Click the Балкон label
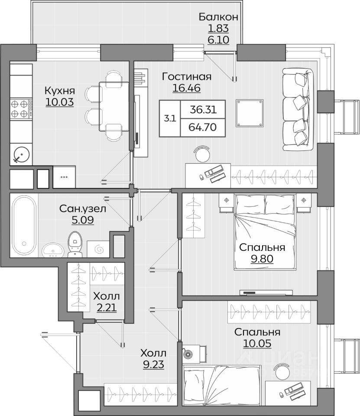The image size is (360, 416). pyautogui.click(x=218, y=17)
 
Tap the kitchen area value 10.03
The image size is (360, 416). pyautogui.click(x=59, y=102)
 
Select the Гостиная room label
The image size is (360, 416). pyautogui.click(x=187, y=77)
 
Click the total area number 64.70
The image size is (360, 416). pyautogui.click(x=202, y=127)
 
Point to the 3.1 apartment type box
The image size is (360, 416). pyautogui.click(x=170, y=118)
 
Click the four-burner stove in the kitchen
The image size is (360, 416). pyautogui.click(x=21, y=109)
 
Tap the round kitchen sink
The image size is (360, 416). pyautogui.click(x=21, y=154)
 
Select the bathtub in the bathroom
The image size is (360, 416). pyautogui.click(x=24, y=225)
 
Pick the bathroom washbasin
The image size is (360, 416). pyautogui.click(x=53, y=250)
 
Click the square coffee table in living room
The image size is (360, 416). pyautogui.click(x=250, y=113)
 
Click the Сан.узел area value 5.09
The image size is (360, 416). pyautogui.click(x=82, y=220)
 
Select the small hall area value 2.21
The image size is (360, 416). pyautogui.click(x=107, y=308)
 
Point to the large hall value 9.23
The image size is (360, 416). pyautogui.click(x=153, y=364)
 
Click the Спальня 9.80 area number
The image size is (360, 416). pyautogui.click(x=262, y=258)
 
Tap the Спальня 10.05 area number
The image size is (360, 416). pyautogui.click(x=257, y=343)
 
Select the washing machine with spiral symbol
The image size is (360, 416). pyautogui.click(x=98, y=249)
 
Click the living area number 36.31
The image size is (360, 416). pyautogui.click(x=204, y=109)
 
